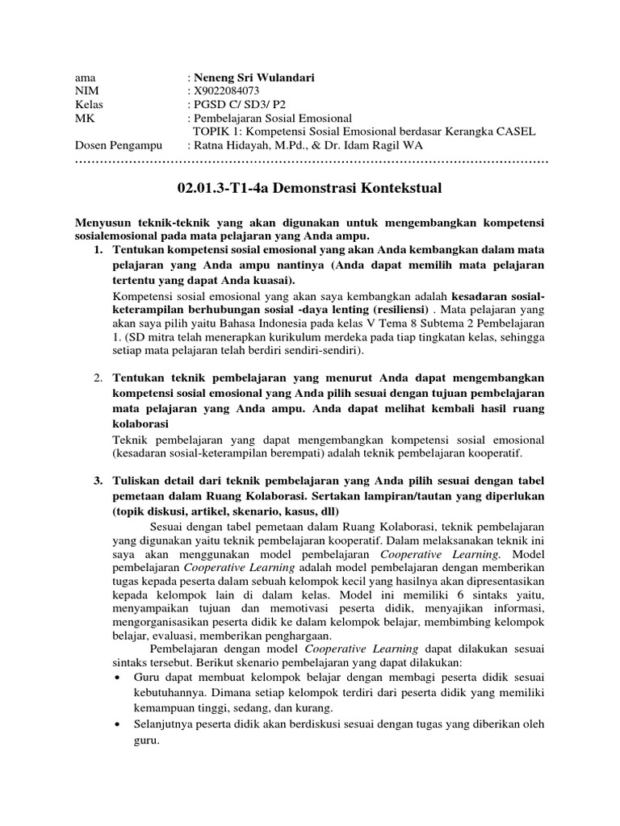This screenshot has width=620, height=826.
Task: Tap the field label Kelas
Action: pos(89,105)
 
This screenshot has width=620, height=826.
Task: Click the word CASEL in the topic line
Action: pos(513,131)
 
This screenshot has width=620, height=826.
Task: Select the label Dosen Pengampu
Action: pos(118,145)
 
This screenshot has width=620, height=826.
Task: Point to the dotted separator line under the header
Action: pos(311,161)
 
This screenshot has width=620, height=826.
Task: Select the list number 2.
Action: pos(98,378)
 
